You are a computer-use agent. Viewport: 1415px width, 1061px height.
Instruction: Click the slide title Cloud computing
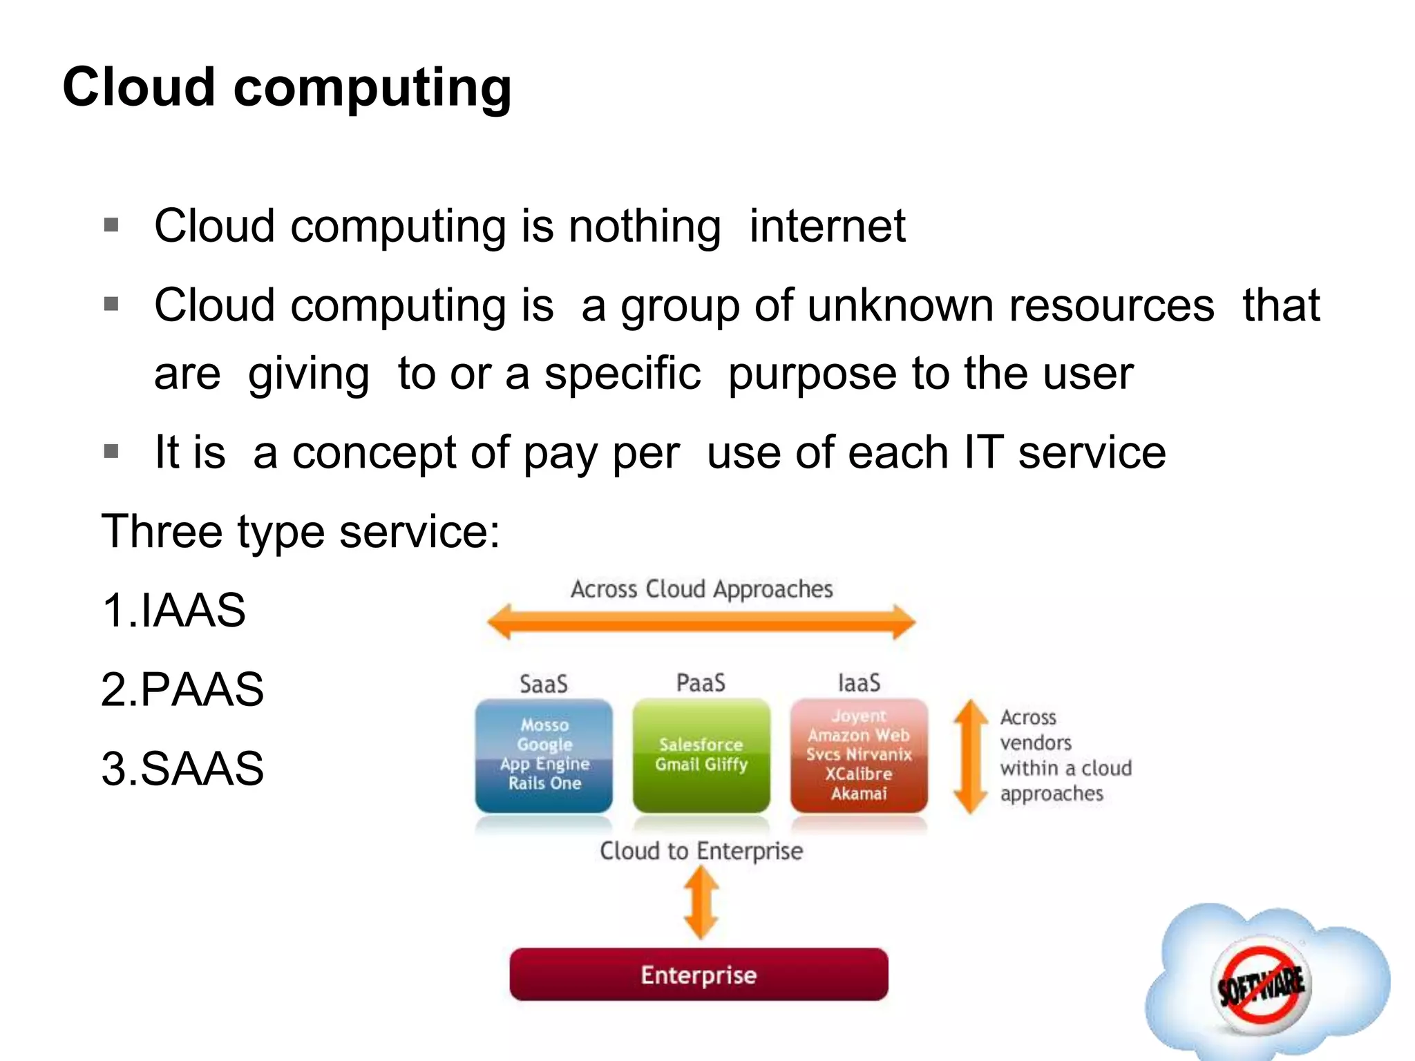pos(287,88)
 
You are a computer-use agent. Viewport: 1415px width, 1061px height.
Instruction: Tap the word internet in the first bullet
pos(827,226)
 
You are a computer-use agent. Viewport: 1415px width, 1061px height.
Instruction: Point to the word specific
pos(623,374)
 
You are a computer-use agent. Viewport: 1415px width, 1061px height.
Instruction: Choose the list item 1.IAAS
pos(173,611)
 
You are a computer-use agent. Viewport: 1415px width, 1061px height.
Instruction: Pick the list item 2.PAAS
pos(182,689)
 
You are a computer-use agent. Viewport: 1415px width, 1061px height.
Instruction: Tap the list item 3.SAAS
pos(182,768)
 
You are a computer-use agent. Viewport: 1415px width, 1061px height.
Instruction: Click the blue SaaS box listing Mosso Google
pos(544,755)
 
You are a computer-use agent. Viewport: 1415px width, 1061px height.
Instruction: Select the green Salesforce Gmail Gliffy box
pos(701,755)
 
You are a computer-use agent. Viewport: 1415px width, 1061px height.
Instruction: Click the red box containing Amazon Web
pos(859,755)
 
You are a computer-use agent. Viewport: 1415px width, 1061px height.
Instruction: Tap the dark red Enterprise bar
pos(699,975)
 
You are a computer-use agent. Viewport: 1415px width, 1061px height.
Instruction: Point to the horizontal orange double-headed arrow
pos(701,622)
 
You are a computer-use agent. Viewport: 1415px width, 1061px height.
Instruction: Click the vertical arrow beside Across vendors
pos(971,756)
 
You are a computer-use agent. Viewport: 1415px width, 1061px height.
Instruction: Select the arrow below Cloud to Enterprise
pos(701,902)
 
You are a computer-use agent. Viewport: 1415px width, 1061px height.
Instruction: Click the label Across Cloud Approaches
pos(701,589)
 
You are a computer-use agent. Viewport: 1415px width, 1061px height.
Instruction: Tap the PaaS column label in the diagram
pos(701,683)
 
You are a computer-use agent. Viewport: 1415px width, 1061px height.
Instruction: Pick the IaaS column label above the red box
pos(859,683)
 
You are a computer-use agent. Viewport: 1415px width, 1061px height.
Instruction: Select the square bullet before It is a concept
pos(111,452)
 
